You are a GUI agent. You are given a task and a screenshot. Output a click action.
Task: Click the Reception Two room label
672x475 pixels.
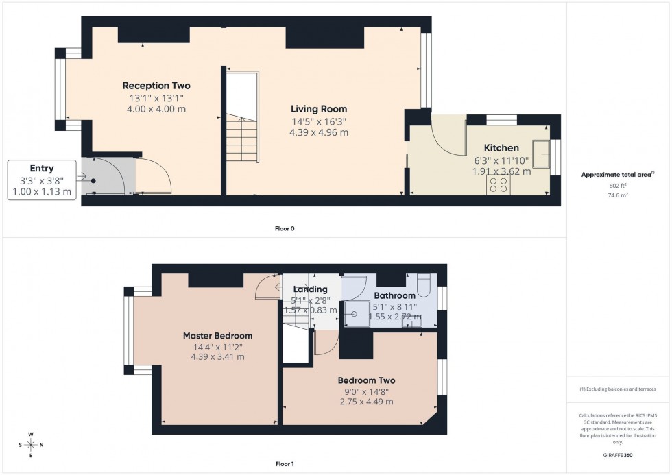pyautogui.click(x=156, y=86)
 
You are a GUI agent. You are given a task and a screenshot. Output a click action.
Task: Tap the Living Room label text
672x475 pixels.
pyautogui.click(x=319, y=109)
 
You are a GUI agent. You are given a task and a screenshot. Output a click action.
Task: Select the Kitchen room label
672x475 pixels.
pyautogui.click(x=501, y=148)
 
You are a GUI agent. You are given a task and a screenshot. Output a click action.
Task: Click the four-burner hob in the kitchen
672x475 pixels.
pyautogui.click(x=498, y=185)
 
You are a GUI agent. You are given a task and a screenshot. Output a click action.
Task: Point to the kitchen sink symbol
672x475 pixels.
pyautogui.click(x=544, y=154)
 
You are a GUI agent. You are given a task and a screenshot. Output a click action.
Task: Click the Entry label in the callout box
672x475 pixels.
pyautogui.click(x=42, y=168)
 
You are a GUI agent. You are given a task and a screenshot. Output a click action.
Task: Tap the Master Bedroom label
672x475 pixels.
pyautogui.click(x=217, y=336)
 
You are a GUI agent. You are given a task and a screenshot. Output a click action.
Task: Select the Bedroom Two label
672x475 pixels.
pyautogui.click(x=366, y=380)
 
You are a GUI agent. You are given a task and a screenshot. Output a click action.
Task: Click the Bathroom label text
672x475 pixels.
pyautogui.click(x=394, y=296)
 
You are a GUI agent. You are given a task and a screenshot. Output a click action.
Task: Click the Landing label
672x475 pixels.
pyautogui.click(x=311, y=289)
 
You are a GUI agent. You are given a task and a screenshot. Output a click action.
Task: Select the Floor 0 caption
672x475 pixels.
pyautogui.click(x=284, y=228)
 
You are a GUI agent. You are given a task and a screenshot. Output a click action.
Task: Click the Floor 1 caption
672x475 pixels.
pyautogui.click(x=284, y=464)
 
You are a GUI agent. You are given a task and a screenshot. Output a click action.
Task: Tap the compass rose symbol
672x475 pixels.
pyautogui.click(x=31, y=445)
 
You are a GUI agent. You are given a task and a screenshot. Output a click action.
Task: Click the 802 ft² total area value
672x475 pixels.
pyautogui.click(x=619, y=186)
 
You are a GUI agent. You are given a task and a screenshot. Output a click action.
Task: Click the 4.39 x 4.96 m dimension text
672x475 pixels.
pyautogui.click(x=319, y=132)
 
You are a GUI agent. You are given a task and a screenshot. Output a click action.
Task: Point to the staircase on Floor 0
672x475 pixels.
pyautogui.click(x=243, y=137)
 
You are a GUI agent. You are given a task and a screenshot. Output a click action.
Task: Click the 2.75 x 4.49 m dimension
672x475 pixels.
pyautogui.click(x=366, y=402)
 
